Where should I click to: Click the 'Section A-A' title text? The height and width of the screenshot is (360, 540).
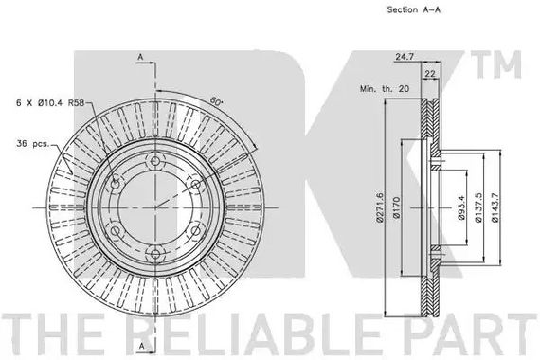tap(413, 9)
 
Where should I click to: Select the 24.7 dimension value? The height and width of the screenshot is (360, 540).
tap(405, 57)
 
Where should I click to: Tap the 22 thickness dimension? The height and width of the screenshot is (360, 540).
tap(430, 73)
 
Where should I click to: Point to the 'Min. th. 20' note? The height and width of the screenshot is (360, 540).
tap(385, 88)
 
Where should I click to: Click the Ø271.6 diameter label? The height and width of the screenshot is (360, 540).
tap(380, 207)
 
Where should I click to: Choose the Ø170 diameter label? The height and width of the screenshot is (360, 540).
tap(396, 207)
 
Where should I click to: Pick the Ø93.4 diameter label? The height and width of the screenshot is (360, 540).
tap(461, 207)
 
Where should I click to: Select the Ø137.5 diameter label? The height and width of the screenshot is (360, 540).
tap(478, 207)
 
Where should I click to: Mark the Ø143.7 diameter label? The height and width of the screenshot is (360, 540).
tap(495, 207)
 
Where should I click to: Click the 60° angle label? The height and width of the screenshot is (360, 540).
tap(217, 101)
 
